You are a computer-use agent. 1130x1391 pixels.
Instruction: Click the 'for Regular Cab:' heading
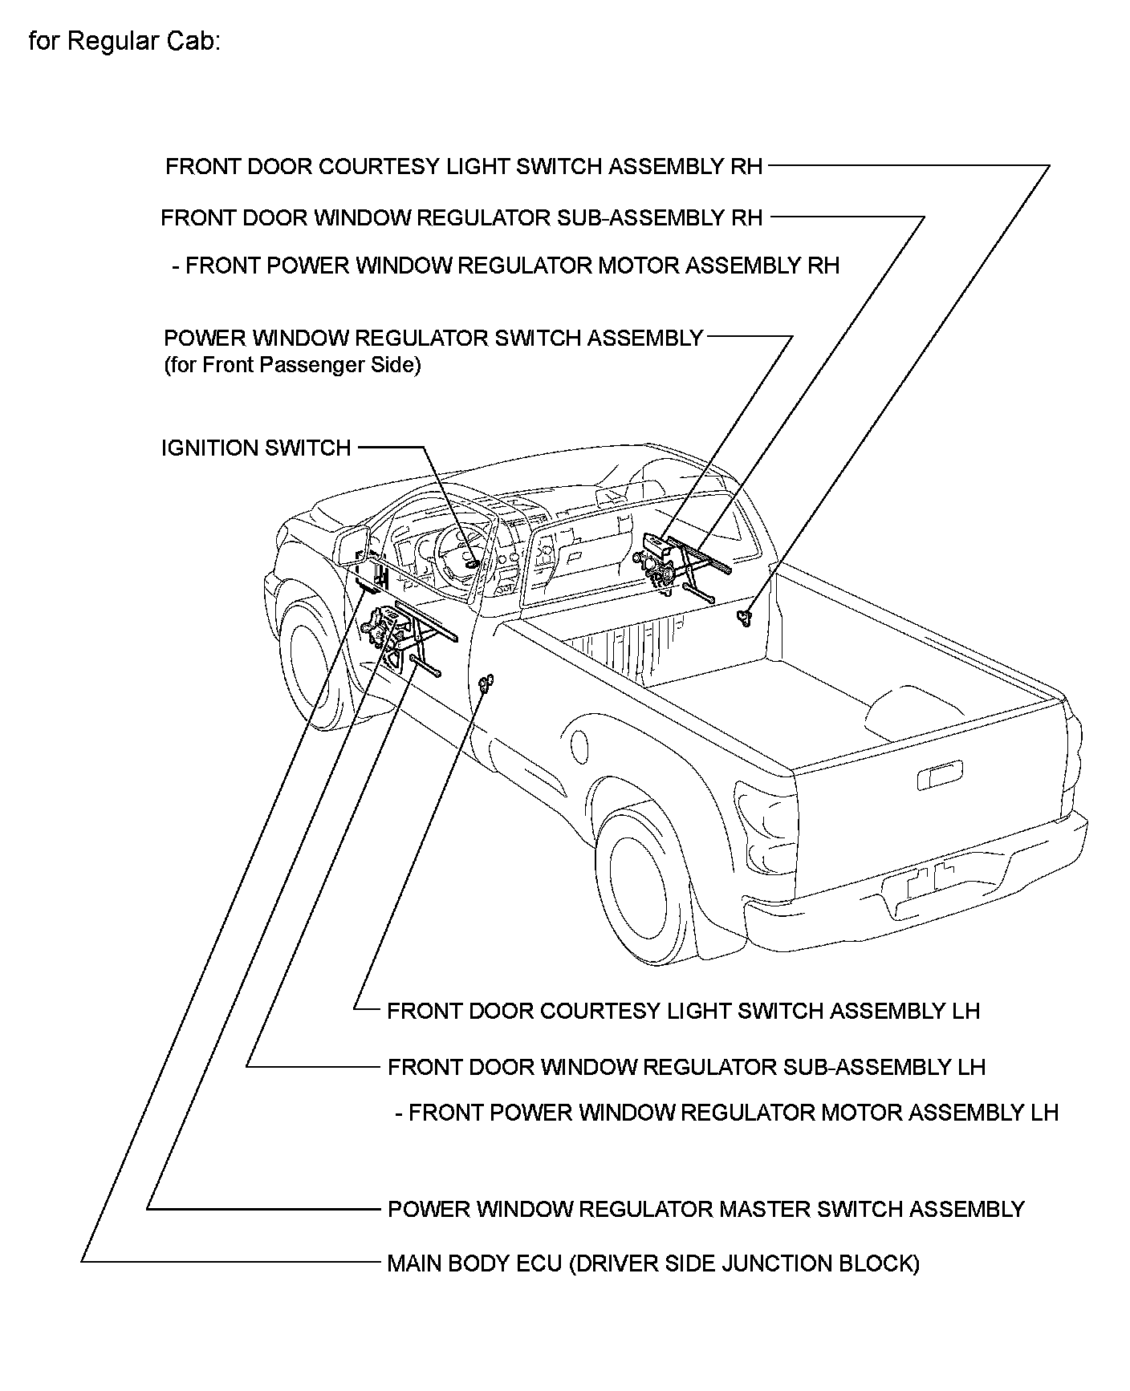point(124,42)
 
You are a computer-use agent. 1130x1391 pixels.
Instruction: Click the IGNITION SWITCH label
point(256,448)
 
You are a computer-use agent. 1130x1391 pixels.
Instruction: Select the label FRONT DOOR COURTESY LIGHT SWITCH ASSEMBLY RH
point(464,167)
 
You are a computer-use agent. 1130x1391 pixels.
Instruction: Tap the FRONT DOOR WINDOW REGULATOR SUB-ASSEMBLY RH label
point(461,217)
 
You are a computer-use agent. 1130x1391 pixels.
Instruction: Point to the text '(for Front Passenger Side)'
point(292,365)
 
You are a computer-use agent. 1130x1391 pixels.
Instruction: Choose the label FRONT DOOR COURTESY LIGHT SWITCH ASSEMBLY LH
point(683,1010)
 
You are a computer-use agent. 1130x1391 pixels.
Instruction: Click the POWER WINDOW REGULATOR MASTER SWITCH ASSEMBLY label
point(705,1209)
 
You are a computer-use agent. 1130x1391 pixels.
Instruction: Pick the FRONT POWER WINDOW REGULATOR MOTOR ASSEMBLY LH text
point(733,1113)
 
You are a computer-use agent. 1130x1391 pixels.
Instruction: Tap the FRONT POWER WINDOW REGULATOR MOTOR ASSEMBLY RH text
point(511,266)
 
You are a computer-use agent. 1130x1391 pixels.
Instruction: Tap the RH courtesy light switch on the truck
point(746,617)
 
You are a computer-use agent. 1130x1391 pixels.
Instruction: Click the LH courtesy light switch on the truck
point(485,683)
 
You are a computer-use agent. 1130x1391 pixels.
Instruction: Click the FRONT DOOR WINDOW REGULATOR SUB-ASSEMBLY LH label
point(686,1067)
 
